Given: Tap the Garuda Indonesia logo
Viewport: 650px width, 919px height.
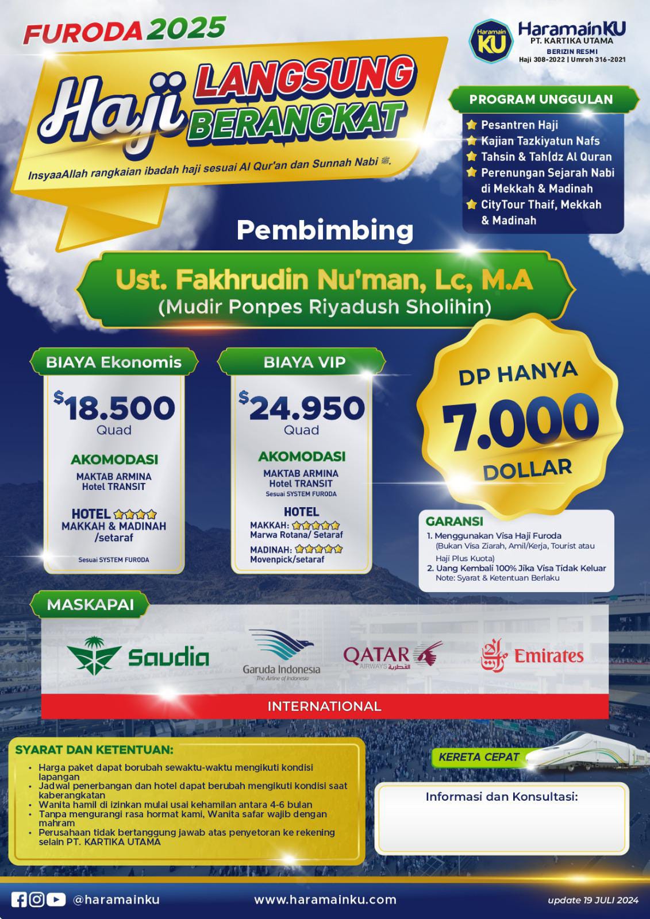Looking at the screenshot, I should (281, 654).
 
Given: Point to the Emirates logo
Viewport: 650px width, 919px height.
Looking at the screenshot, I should (532, 656).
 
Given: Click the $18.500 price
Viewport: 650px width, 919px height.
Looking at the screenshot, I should (116, 408).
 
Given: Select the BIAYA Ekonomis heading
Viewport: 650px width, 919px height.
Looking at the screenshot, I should (114, 362).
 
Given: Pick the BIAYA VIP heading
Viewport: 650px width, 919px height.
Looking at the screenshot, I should (304, 362).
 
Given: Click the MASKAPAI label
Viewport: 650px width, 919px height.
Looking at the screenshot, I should (90, 605).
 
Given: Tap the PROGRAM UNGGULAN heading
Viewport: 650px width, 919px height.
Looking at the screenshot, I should (541, 99).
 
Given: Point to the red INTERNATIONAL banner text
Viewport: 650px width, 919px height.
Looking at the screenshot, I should (325, 706).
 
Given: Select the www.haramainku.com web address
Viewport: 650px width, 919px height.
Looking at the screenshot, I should (325, 899).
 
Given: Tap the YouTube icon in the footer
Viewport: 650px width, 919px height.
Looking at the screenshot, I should (56, 899).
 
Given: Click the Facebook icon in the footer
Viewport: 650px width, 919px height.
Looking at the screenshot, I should (20, 899).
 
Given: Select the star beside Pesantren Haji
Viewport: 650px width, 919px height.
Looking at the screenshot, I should (471, 125).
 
